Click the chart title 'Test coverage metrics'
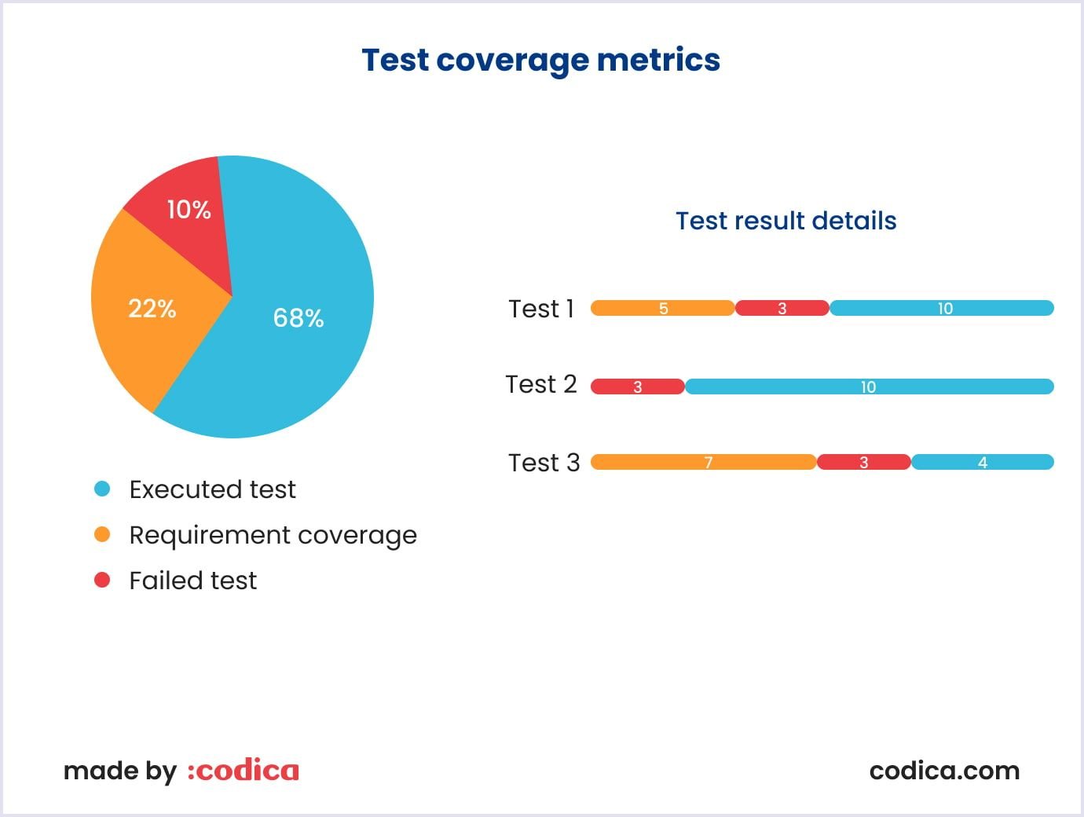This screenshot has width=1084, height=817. (540, 60)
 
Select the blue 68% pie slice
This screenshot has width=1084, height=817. (298, 330)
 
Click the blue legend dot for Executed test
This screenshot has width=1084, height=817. (102, 489)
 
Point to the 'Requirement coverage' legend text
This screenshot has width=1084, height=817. (273, 536)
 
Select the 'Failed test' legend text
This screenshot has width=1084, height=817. (192, 581)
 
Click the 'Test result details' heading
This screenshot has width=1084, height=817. (786, 221)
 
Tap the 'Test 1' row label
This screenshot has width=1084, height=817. (541, 309)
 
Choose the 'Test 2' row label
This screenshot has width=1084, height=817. (541, 384)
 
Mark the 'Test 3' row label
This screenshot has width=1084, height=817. (544, 463)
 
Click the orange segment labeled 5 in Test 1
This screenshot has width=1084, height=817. (662, 308)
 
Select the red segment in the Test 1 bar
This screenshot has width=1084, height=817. (782, 308)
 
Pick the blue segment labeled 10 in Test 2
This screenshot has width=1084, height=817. (868, 387)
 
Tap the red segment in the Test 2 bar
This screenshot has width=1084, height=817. (637, 387)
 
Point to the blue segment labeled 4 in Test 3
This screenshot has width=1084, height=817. (982, 462)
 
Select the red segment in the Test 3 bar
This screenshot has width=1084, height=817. (863, 462)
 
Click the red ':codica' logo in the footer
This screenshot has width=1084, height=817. (243, 771)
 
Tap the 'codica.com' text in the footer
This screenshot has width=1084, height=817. (944, 771)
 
